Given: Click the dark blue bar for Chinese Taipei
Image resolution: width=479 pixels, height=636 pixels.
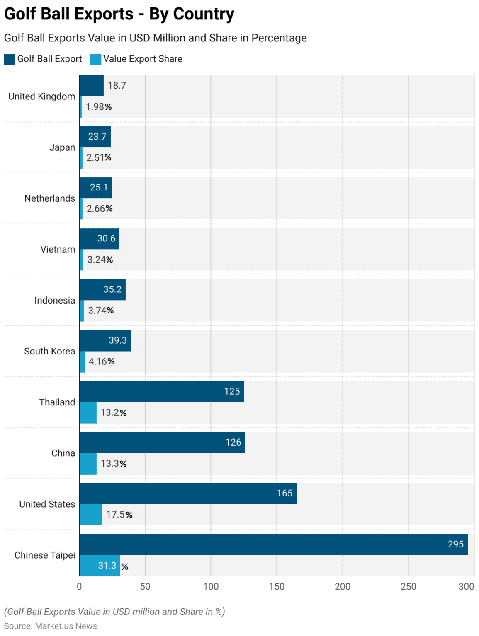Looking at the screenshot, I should pos(273,544).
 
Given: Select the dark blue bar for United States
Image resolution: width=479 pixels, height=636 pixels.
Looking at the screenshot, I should pos(188,493).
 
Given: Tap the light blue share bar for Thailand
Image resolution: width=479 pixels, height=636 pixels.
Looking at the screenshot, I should pos(88,413).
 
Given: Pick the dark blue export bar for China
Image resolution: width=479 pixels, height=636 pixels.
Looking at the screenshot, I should pos(162,442).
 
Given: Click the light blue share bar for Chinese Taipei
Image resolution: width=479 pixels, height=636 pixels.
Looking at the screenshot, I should pos(100,566).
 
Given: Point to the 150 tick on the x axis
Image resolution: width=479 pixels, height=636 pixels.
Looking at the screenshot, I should pos(277,586).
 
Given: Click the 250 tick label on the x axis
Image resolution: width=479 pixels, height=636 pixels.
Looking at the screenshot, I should pos(408,586).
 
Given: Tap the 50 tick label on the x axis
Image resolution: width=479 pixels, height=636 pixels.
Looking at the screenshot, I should pos(145,586).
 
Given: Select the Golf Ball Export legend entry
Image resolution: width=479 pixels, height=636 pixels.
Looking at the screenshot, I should pos(43,59).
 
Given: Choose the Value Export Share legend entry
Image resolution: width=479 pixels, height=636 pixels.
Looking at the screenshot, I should pos(136,59).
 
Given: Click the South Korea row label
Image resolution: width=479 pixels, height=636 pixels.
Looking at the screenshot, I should pos(49,351).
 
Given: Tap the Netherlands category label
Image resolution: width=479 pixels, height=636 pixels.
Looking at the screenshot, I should pos(50,198).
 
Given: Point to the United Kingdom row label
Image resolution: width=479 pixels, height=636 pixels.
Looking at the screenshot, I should pos(41,96).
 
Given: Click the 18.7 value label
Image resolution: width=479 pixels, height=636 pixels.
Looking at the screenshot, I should pos(117,85).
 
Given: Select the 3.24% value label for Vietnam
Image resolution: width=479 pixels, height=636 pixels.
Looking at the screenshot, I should pos(100,260).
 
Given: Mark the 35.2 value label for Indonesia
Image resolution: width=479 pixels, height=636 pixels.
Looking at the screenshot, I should pos(112,289).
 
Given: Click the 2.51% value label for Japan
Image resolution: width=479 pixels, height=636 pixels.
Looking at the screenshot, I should pos(99,157).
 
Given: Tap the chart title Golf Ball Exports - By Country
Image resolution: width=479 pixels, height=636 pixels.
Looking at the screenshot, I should pos(119,14).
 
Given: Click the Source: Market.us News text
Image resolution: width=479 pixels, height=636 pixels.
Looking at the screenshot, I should pos(51,626).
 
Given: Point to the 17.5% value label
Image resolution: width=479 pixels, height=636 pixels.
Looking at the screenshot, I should pos(119,514).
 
